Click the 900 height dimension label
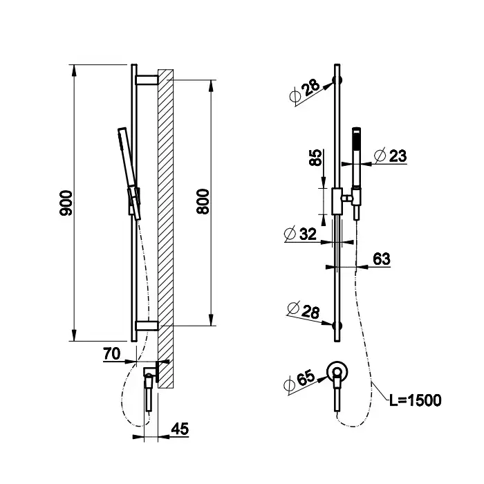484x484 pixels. click(66, 203)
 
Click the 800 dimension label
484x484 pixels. click(203, 202)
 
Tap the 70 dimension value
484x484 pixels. click(112, 354)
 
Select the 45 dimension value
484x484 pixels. click(180, 429)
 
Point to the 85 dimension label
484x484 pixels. click(315, 158)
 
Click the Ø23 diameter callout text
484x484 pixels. click(390, 156)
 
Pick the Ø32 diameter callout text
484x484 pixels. click(300, 234)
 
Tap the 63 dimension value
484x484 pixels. click(382, 259)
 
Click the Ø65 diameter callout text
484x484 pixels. click(299, 381)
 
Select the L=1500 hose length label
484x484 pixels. click(415, 400)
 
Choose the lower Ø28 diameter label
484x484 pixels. click(303, 310)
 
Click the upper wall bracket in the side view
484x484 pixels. click(147, 80)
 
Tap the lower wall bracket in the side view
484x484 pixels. click(147, 326)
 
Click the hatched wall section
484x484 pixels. click(165, 228)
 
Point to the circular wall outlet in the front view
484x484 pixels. click(337, 372)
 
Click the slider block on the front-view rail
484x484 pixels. click(337, 201)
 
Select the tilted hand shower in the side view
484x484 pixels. click(129, 174)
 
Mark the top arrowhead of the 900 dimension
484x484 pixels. click(74, 71)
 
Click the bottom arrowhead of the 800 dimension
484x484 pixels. click(211, 319)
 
